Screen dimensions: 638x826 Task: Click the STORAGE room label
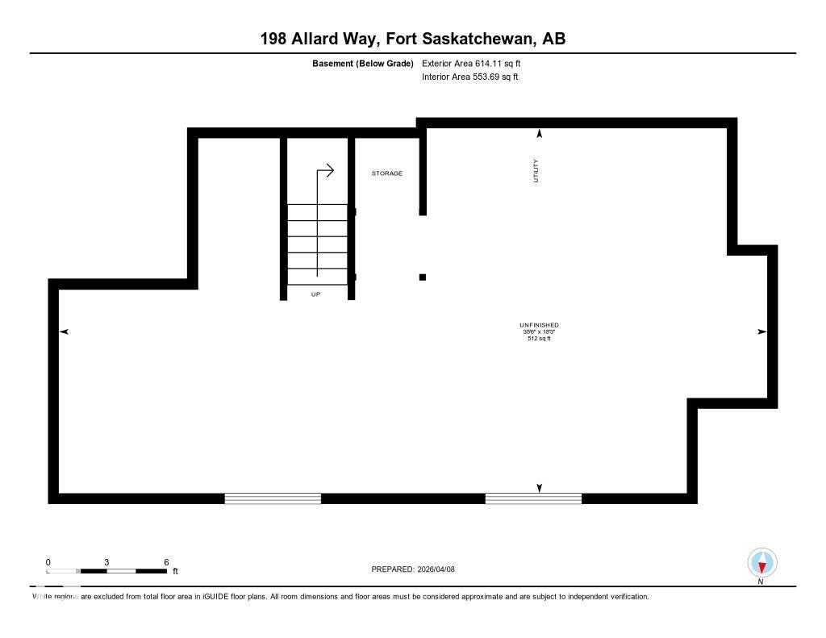(386, 173)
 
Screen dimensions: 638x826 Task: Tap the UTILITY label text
(536, 170)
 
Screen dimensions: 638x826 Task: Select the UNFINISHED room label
(539, 325)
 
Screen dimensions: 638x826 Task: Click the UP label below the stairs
(316, 294)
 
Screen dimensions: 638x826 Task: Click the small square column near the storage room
(422, 277)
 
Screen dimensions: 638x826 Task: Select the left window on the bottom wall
(273, 498)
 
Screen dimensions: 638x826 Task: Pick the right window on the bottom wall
(533, 498)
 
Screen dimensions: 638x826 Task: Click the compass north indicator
(761, 563)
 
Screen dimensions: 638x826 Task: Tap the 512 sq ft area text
(539, 339)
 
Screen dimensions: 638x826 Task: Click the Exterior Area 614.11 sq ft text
(477, 63)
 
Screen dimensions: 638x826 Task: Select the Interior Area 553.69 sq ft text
(470, 77)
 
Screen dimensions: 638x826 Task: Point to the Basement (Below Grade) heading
(363, 63)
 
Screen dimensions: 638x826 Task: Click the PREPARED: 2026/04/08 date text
(413, 569)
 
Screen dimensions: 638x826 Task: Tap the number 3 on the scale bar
(106, 562)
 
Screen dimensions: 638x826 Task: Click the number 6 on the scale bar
(166, 562)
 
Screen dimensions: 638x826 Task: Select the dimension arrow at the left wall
(64, 332)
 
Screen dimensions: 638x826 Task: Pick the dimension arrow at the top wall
(540, 134)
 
